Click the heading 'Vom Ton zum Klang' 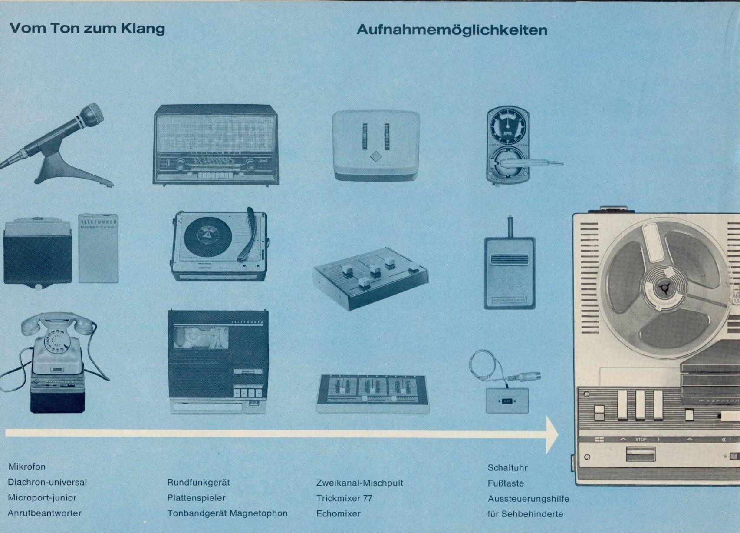point(87,29)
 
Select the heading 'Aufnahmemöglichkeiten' point(451,30)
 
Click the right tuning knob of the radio point(251,164)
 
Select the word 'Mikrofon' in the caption point(27,467)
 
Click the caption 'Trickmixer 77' point(344,498)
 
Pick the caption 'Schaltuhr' point(507,468)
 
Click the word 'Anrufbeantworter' point(44,513)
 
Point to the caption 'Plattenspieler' point(196,498)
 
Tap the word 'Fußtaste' point(506,483)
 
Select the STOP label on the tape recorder point(641,439)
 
